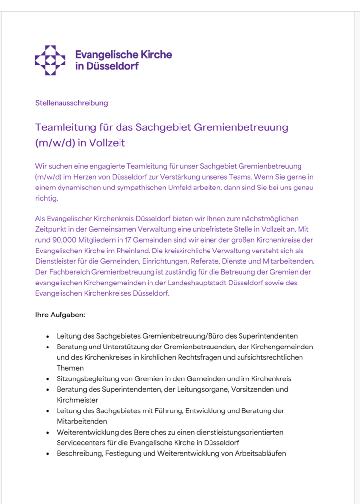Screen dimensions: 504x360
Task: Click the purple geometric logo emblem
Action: (50, 60)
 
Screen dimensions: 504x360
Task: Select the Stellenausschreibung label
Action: (71, 103)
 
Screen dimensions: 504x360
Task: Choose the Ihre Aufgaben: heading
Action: (60, 315)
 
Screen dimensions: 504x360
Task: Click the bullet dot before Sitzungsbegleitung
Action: (47, 379)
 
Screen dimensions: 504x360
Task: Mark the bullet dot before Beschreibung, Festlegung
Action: (47, 454)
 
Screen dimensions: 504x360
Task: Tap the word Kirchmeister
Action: (77, 400)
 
